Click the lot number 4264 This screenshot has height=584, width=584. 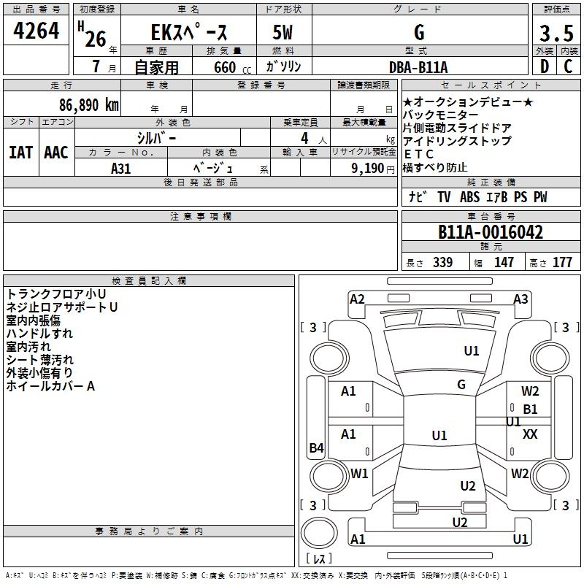36,31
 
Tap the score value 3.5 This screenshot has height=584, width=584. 556,33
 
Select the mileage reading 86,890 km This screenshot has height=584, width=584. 89,105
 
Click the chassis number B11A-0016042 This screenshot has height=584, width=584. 491,231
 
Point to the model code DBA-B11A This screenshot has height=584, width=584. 418,67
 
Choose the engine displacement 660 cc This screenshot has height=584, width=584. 232,68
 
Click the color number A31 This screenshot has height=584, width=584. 121,169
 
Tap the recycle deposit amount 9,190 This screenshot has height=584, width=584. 368,168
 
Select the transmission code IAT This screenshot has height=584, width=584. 21,153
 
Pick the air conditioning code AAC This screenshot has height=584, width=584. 56,153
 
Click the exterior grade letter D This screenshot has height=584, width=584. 545,66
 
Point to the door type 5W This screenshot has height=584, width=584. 283,32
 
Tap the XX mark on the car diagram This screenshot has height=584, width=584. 530,434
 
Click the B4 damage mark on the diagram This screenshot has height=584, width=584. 317,447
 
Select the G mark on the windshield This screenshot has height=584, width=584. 461,384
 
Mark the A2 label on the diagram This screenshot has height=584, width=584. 357,299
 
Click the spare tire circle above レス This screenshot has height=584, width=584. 319,532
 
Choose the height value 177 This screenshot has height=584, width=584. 562,262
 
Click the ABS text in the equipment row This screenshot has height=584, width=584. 469,196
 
